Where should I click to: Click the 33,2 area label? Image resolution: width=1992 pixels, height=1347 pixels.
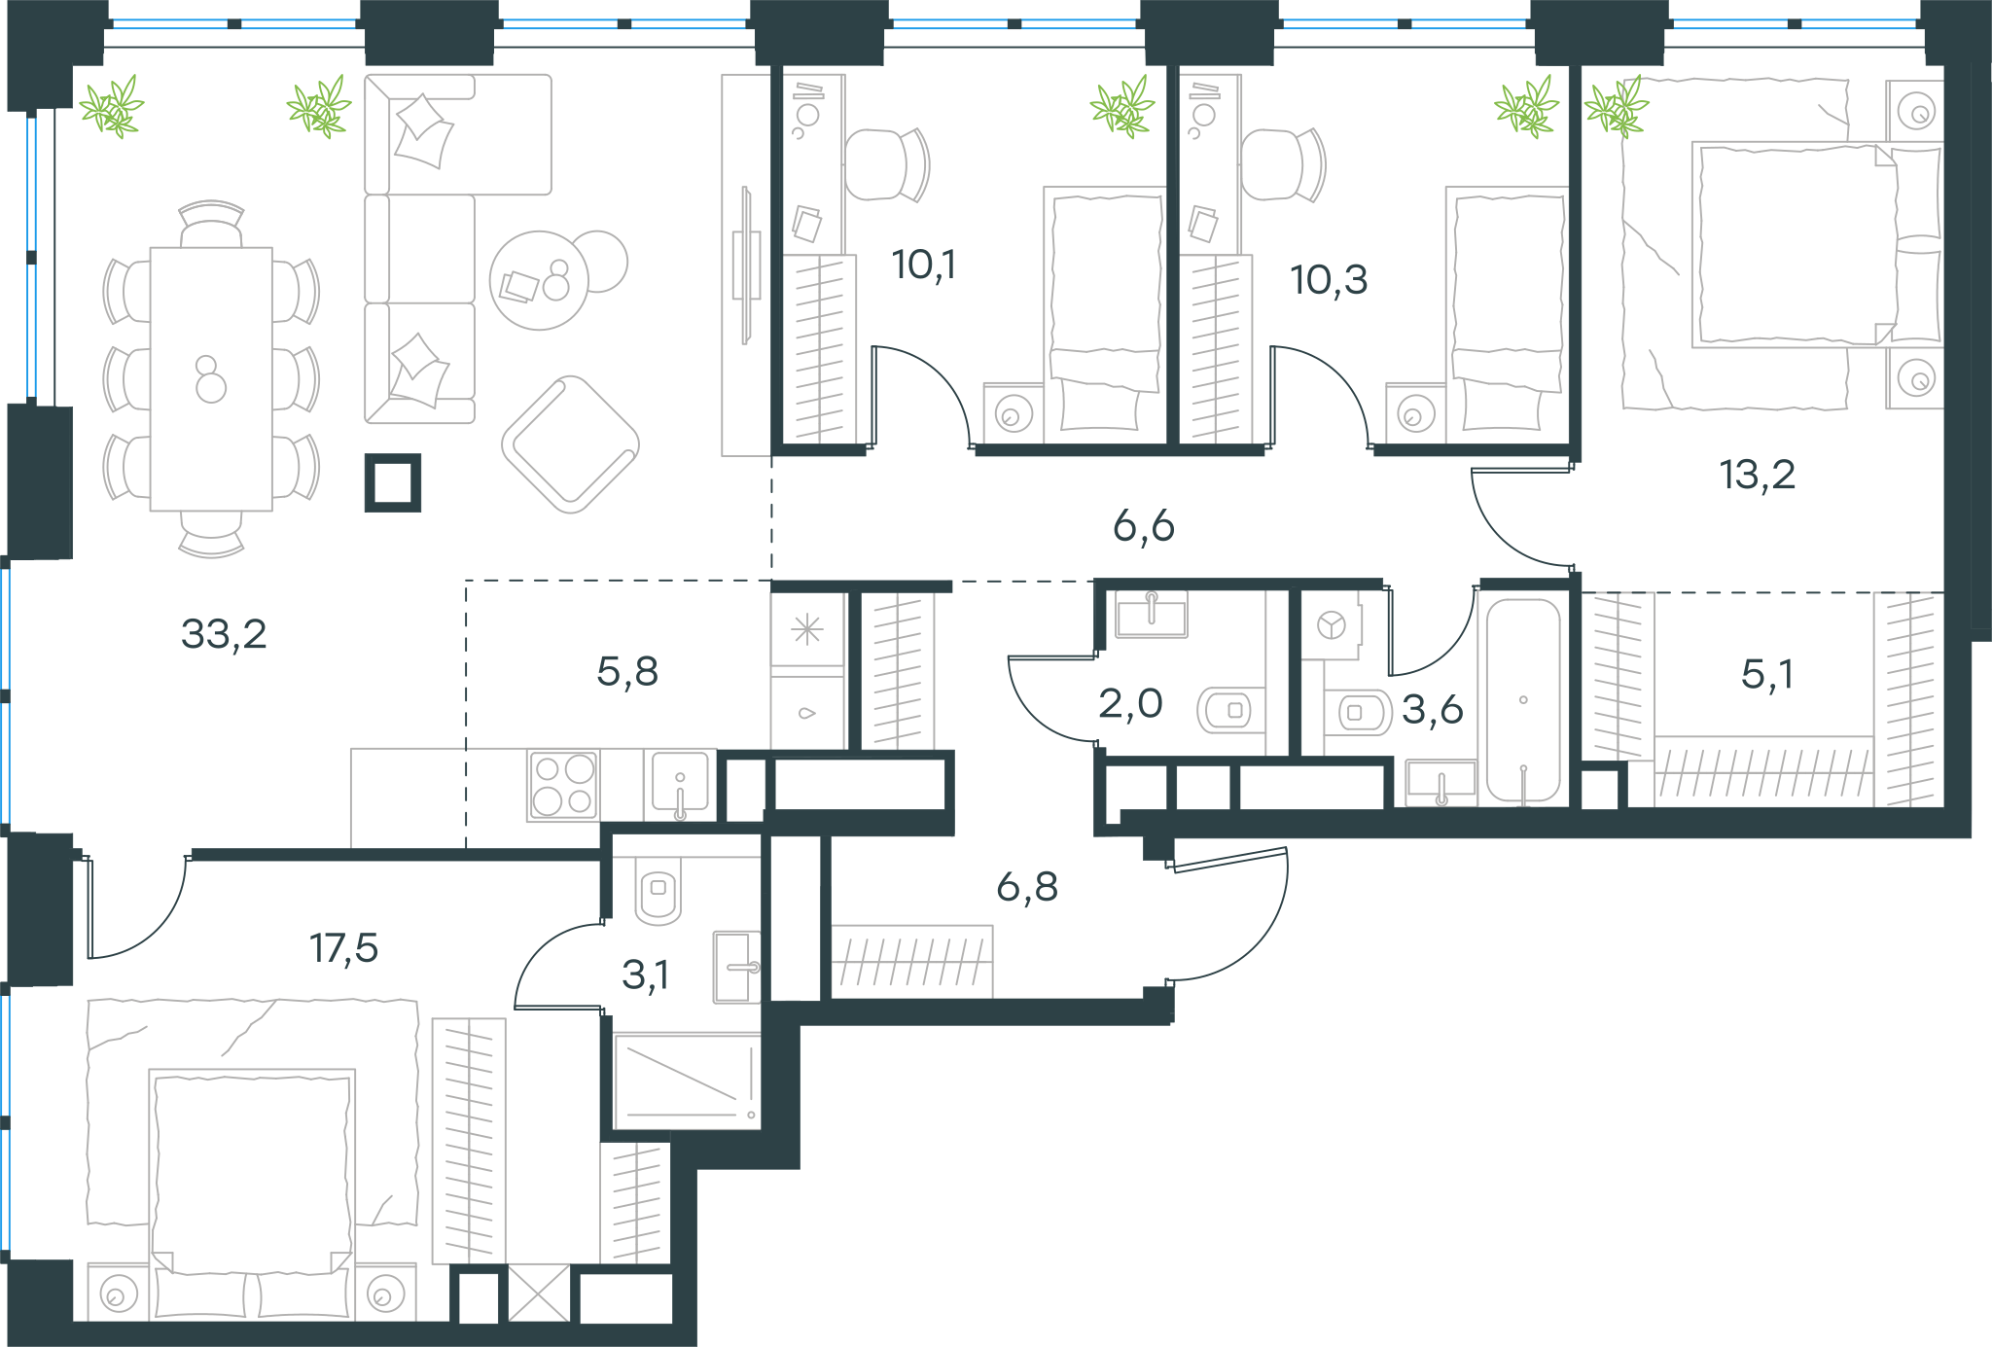tap(224, 634)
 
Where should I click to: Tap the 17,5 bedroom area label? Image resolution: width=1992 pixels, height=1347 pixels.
tap(343, 947)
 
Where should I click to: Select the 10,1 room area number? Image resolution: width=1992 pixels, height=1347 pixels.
tap(924, 265)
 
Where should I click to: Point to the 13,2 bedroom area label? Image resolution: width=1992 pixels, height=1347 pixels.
tap(1757, 475)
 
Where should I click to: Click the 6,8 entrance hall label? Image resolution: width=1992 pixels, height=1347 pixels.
tap(1027, 886)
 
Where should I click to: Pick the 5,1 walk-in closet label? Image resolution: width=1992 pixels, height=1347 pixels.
tap(1766, 673)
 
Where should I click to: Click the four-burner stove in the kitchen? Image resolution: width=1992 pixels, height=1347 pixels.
tap(563, 785)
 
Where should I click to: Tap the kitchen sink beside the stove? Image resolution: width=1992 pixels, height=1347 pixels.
tap(680, 783)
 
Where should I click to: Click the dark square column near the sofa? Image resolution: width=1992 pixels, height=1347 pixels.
tap(393, 482)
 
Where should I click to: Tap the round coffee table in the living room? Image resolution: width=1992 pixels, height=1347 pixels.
tap(539, 280)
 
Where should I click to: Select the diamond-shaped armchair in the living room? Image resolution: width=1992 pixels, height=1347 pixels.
tap(571, 444)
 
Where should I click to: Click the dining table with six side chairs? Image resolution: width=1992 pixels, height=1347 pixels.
tap(211, 379)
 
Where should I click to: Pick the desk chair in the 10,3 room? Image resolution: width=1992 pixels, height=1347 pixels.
tap(1283, 164)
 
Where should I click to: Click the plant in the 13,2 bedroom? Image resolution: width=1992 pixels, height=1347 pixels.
tap(1617, 107)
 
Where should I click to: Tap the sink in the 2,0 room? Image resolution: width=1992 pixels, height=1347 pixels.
tap(1152, 615)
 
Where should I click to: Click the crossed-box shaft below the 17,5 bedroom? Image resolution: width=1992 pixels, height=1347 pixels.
tap(539, 1294)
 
